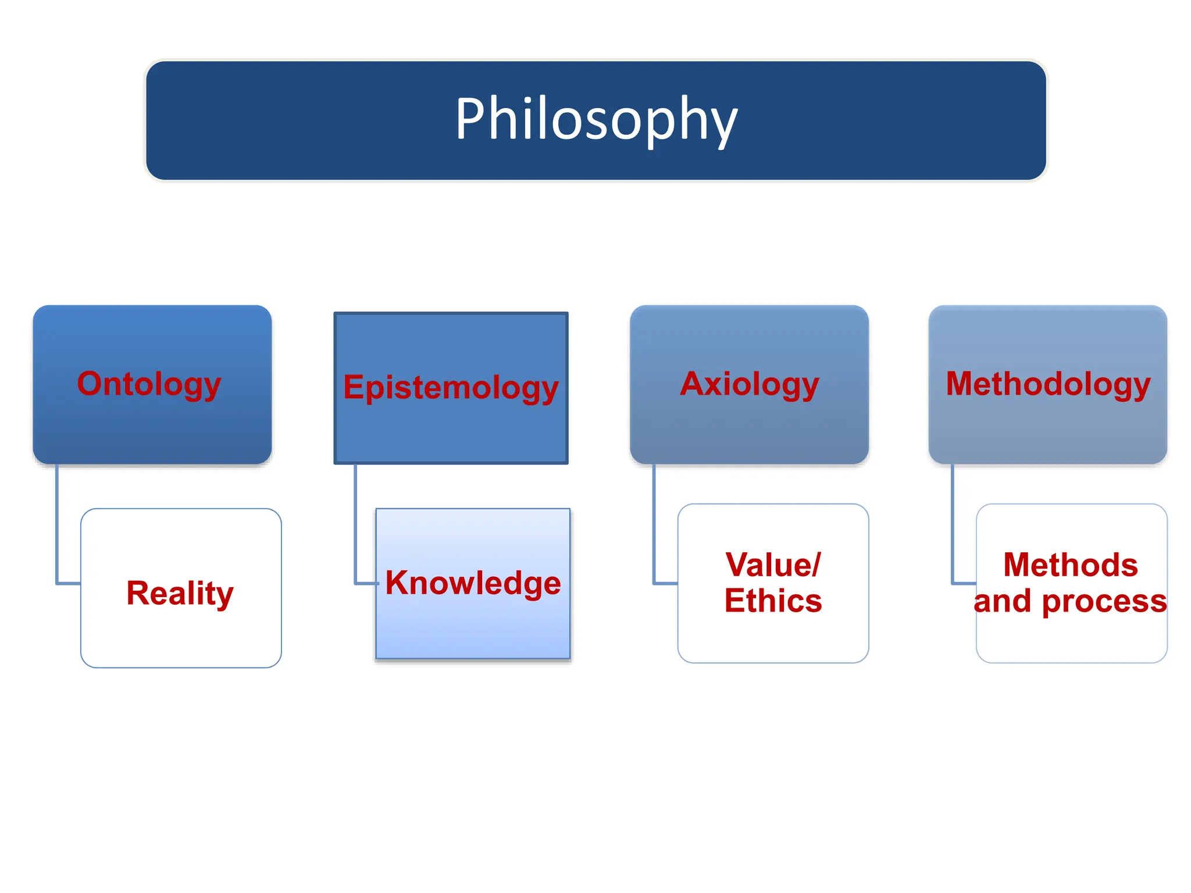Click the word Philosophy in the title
(x=595, y=119)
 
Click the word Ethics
(x=773, y=601)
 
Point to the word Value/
(x=773, y=565)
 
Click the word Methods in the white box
(x=1071, y=565)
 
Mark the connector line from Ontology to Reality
(x=57, y=523)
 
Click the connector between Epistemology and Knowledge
(x=355, y=523)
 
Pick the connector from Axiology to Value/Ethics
(x=654, y=523)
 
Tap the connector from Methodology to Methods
(x=953, y=523)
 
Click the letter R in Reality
(x=138, y=593)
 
